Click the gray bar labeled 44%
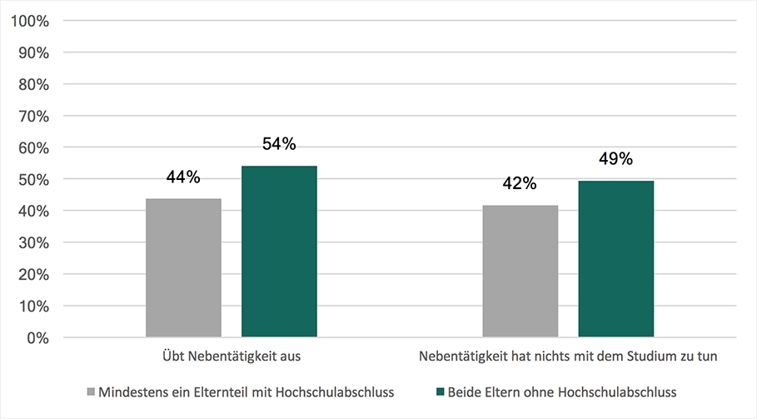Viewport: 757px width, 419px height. [x=183, y=268]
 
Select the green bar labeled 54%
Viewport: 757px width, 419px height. [x=279, y=252]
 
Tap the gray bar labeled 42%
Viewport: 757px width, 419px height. [x=520, y=272]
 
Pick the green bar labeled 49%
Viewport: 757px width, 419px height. [x=615, y=259]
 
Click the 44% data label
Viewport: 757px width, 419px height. [x=183, y=177]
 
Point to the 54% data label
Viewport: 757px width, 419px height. [x=279, y=144]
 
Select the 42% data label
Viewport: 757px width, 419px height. [x=520, y=184]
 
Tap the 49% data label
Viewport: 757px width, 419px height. [x=615, y=159]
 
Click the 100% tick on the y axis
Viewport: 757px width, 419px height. [x=32, y=21]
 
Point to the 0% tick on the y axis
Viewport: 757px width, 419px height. [x=38, y=338]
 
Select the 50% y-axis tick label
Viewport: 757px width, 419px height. [x=34, y=179]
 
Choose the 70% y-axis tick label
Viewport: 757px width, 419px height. [x=34, y=116]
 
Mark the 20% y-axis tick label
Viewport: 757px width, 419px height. [x=34, y=275]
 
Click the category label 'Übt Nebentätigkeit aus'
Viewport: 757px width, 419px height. [x=232, y=356]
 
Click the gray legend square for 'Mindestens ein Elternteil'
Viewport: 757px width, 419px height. [x=90, y=391]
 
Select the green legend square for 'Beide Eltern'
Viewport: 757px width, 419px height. [x=439, y=391]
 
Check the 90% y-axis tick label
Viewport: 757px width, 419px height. [x=34, y=52]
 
